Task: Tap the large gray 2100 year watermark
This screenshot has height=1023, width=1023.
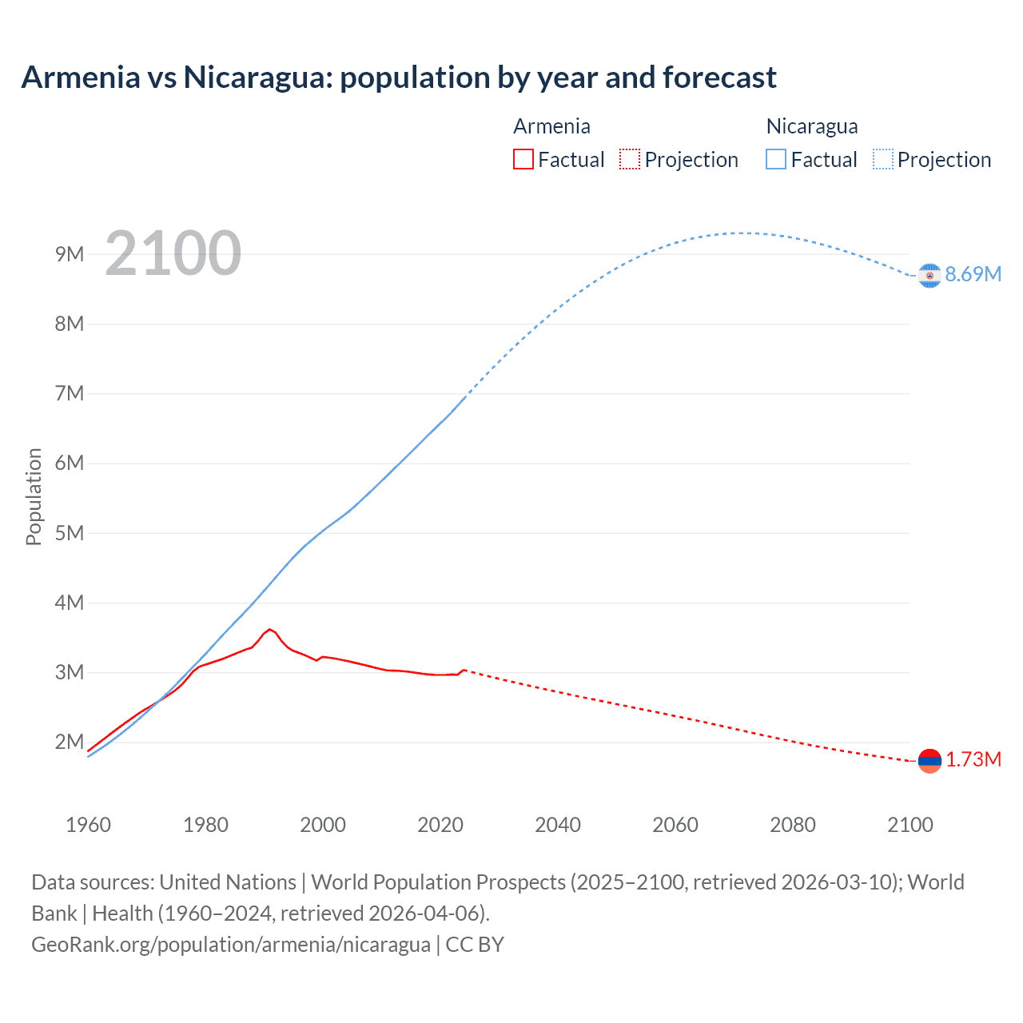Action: (x=173, y=253)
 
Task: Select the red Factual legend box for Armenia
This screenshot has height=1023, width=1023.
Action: (x=523, y=159)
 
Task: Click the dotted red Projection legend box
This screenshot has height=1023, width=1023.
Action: (x=630, y=159)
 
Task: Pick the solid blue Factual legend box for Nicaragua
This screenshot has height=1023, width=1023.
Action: (x=776, y=159)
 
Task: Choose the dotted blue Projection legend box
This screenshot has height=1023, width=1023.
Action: (x=883, y=159)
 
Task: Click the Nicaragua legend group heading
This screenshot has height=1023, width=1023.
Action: (x=812, y=126)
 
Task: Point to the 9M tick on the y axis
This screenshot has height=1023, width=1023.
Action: (x=70, y=254)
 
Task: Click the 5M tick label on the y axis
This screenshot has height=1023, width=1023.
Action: (x=70, y=533)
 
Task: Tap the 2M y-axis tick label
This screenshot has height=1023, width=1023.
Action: (x=70, y=742)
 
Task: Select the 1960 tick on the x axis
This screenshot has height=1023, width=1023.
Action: (x=88, y=825)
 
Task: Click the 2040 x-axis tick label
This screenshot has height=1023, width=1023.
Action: (x=558, y=825)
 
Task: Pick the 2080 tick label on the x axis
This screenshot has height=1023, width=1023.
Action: (x=793, y=825)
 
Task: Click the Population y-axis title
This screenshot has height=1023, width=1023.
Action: (x=34, y=496)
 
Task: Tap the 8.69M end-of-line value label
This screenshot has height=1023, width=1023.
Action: (x=973, y=274)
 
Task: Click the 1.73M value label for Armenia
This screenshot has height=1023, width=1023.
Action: (x=973, y=759)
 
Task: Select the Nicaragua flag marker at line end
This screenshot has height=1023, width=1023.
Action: (x=929, y=275)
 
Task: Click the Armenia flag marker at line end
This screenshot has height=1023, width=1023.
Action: (x=929, y=761)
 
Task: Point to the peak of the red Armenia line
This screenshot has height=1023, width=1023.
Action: (x=270, y=630)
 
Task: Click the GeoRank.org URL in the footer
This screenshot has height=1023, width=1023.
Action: (x=230, y=944)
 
